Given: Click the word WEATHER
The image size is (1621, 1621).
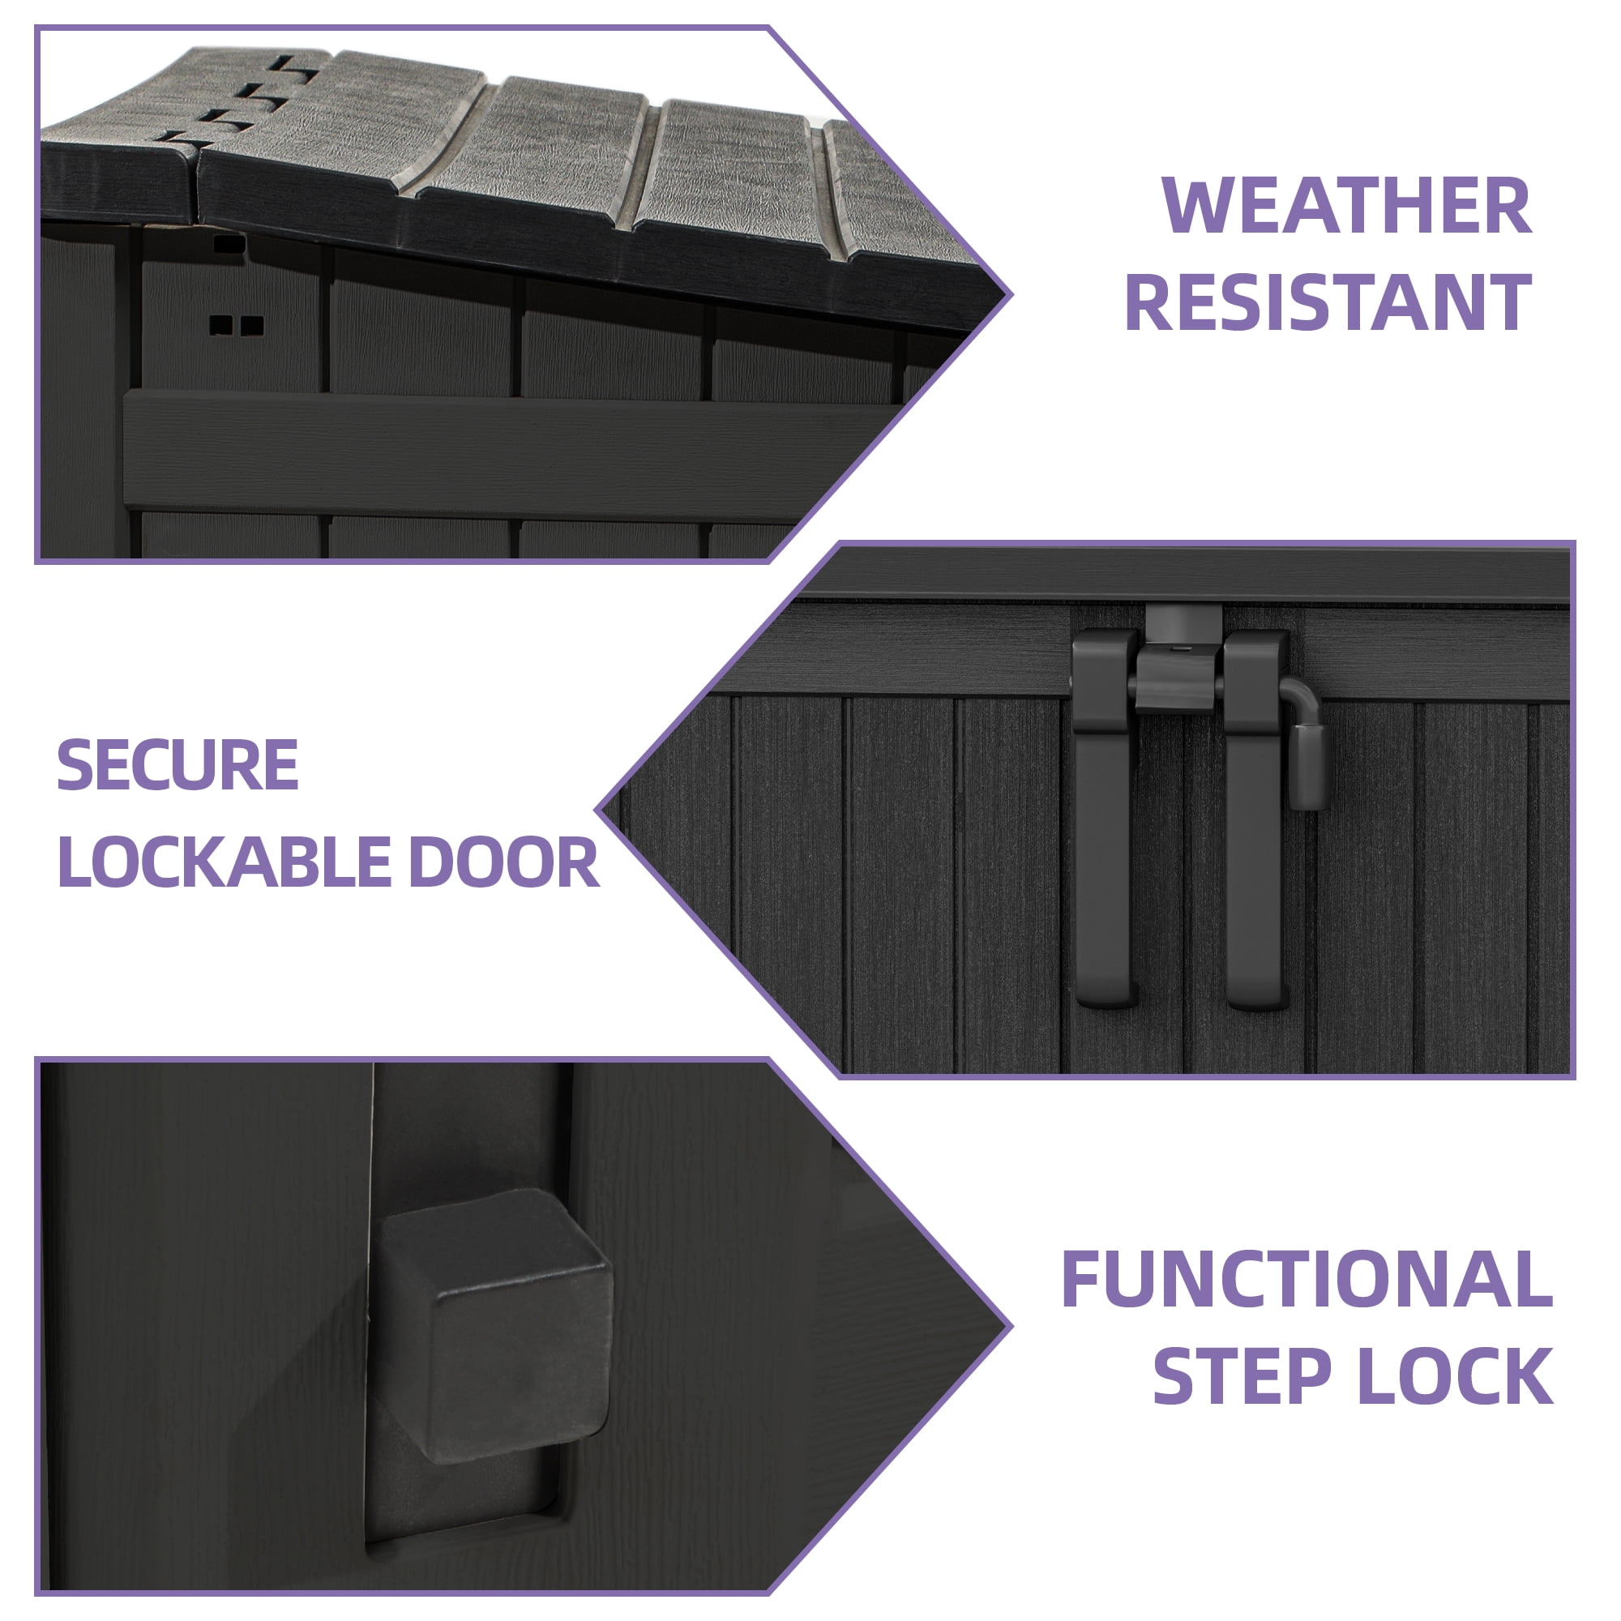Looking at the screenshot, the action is click(1348, 206).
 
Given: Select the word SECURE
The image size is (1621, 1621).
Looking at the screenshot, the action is click(177, 764).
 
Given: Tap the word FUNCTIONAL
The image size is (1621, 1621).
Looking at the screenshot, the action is click(1307, 1303).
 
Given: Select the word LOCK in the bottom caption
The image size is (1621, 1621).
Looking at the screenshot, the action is click(1455, 1401).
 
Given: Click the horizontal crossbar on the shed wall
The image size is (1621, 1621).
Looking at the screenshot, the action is click(503, 453).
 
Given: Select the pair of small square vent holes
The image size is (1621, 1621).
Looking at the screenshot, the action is click(237, 325).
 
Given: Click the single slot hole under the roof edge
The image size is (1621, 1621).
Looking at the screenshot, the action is click(229, 245).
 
